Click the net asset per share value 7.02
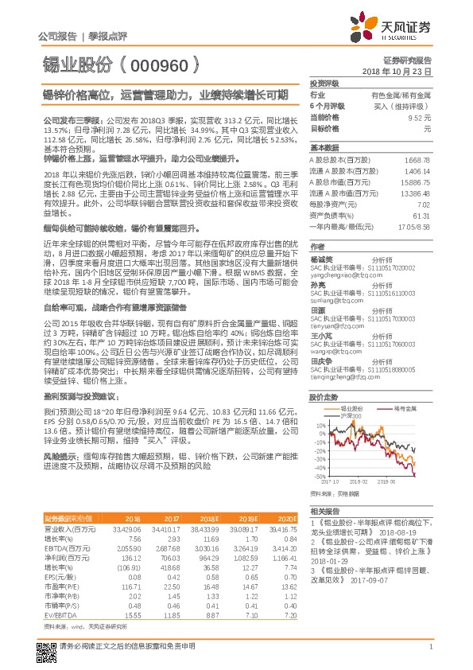click(x=423, y=204)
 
